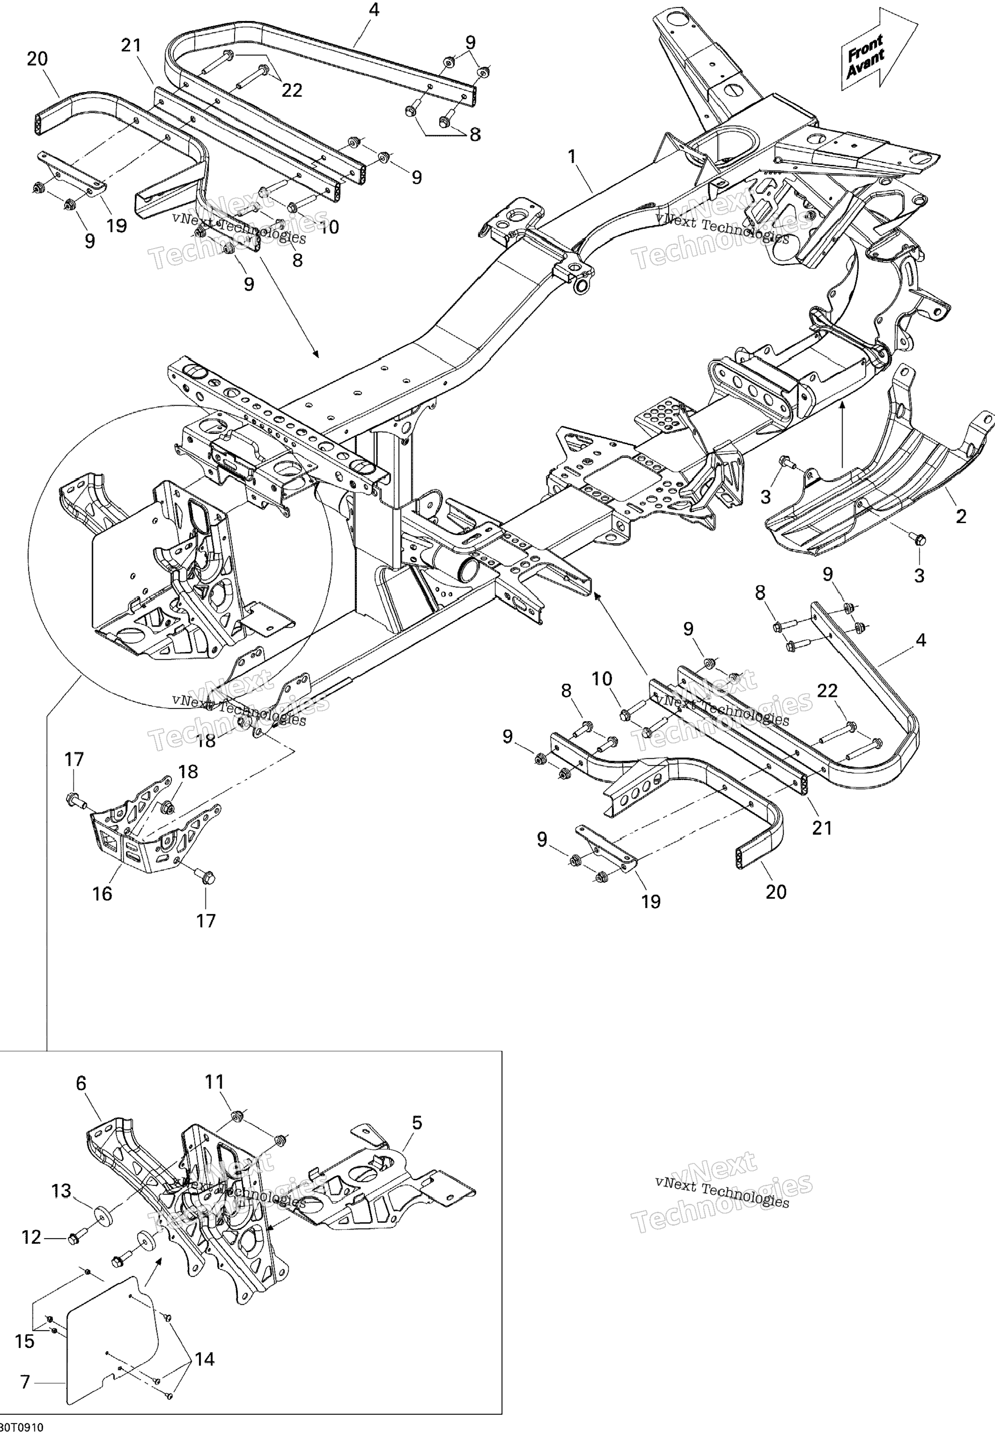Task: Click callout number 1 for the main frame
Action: [572, 157]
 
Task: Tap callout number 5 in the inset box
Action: [417, 1123]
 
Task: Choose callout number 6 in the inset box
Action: [81, 1084]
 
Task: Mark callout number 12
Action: [31, 1237]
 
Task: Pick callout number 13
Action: [61, 1191]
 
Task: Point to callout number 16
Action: [102, 893]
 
